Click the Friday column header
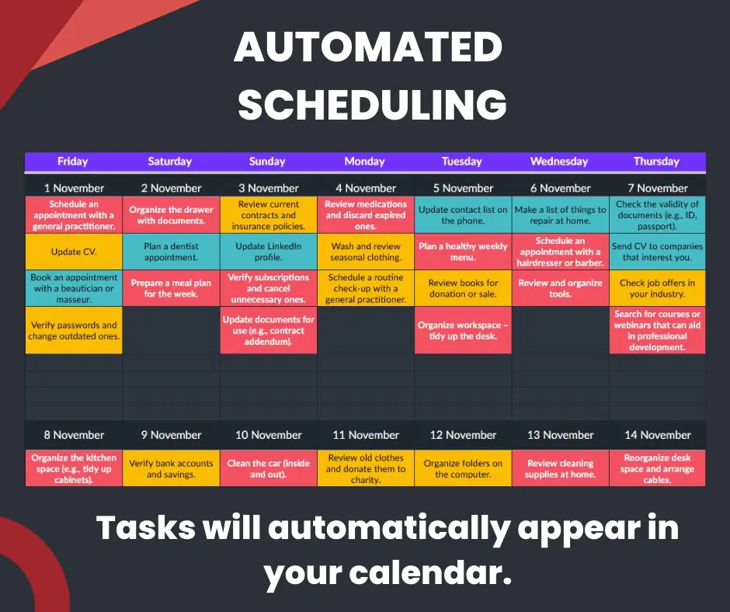pos(73,162)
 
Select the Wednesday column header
pos(559,162)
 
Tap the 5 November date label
pos(463,188)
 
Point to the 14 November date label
pos(657,435)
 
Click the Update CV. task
pos(74,252)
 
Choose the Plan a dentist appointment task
pos(171,252)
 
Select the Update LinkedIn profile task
pos(268,252)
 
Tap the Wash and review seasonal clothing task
pos(366,252)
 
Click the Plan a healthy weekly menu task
pos(463,252)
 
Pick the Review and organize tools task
pos(560,288)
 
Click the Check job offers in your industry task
pos(657,288)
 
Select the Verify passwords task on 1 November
pos(74,330)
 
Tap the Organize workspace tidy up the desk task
pos(463,330)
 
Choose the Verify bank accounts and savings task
pos(171,468)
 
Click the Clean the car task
pos(268,468)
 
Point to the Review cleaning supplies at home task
pos(560,468)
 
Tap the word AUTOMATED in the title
pos(368,47)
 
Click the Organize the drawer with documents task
pos(171,214)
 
